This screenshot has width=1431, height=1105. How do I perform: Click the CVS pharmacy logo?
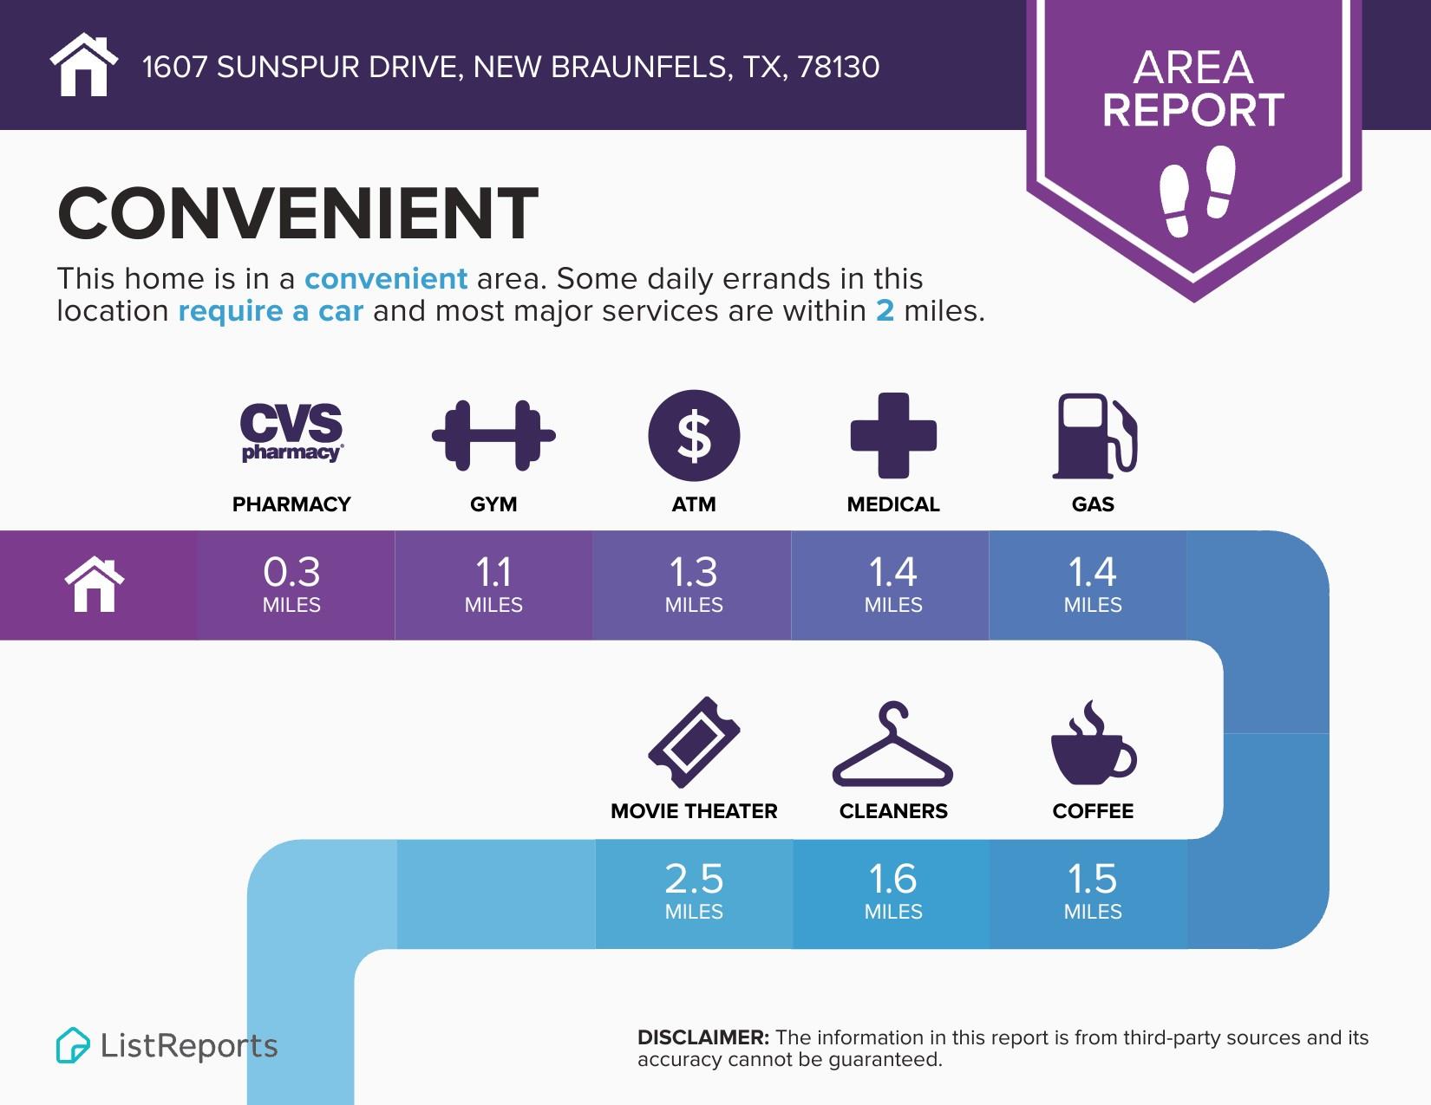[291, 432]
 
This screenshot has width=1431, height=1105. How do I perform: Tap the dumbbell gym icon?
[493, 435]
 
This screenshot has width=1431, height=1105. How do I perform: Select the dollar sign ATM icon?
[694, 435]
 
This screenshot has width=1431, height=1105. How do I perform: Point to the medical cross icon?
[893, 435]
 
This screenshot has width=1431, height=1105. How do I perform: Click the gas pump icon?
[1094, 436]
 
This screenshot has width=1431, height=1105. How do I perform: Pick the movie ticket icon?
[694, 742]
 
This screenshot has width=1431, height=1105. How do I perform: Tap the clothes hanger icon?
[892, 744]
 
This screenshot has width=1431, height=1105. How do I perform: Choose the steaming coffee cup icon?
[1093, 743]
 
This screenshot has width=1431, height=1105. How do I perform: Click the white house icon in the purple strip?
[95, 584]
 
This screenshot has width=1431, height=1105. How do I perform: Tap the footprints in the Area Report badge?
[1197, 191]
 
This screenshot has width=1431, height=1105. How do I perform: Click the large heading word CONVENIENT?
[297, 212]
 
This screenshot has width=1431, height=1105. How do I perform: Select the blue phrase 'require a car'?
[270, 311]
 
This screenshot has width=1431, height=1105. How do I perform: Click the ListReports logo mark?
[73, 1045]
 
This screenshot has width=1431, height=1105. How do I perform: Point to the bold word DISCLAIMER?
[703, 1037]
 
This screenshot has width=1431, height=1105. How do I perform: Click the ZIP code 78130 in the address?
[839, 67]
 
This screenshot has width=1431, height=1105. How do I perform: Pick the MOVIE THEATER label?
[694, 811]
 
